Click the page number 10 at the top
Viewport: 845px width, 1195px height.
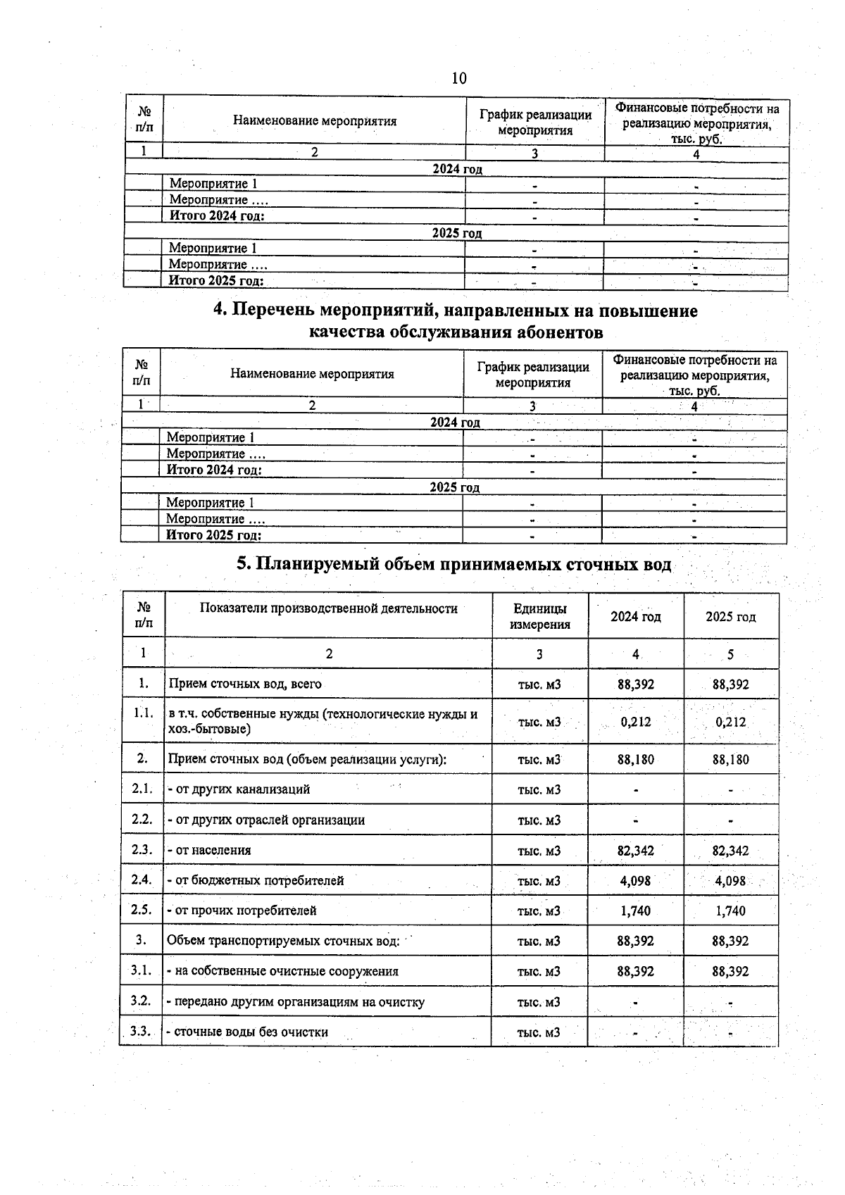pos(458,78)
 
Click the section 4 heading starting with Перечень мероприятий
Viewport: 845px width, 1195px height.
pos(456,320)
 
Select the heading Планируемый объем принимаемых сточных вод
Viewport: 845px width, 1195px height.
pos(453,564)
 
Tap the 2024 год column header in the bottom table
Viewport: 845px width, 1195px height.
pos(635,616)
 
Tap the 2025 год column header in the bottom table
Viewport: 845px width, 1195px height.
pos(730,616)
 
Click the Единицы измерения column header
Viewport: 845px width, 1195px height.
pos(539,616)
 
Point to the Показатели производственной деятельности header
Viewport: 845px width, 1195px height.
pos(328,608)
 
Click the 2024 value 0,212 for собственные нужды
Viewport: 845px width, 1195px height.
pos(635,721)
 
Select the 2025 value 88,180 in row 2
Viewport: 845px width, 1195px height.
pos(730,759)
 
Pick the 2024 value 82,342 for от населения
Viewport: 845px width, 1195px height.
pos(635,850)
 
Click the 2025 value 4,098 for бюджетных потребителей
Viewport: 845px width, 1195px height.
pos(730,880)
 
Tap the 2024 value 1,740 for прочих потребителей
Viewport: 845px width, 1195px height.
pos(635,911)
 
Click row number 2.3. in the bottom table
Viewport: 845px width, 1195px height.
pos(142,849)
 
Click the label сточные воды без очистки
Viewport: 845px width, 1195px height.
pos(247,1032)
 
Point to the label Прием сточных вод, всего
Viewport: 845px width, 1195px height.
pos(244,683)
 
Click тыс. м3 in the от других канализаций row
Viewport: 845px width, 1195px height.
pos(539,789)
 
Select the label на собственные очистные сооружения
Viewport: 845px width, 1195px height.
pos(282,971)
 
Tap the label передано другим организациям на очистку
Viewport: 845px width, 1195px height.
pos(295,1001)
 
